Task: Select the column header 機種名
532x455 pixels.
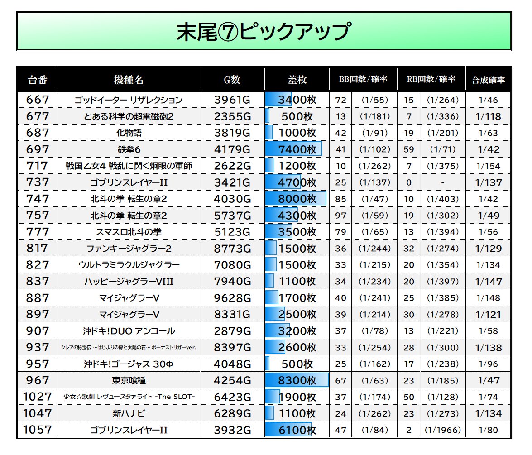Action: [129, 80]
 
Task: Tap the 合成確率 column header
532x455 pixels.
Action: [488, 81]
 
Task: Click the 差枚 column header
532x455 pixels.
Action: [297, 80]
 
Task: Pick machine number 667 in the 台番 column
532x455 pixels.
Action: [37, 100]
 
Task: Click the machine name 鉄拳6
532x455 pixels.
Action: [129, 149]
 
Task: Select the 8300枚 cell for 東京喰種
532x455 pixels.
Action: [297, 380]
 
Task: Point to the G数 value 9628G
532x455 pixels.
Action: [232, 298]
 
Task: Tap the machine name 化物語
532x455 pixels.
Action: [129, 133]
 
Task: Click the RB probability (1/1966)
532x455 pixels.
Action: [442, 430]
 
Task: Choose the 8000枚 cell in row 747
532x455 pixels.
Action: [297, 199]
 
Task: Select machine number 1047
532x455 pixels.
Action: [37, 413]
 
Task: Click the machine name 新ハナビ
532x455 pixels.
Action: [129, 413]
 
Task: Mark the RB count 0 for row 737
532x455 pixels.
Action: [409, 182]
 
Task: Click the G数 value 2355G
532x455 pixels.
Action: [232, 116]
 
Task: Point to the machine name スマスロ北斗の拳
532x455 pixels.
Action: [129, 232]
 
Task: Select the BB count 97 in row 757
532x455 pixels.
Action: [340, 216]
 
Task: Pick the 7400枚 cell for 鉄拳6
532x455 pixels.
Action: [297, 149]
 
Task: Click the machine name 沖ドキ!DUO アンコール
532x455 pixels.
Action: [129, 331]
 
